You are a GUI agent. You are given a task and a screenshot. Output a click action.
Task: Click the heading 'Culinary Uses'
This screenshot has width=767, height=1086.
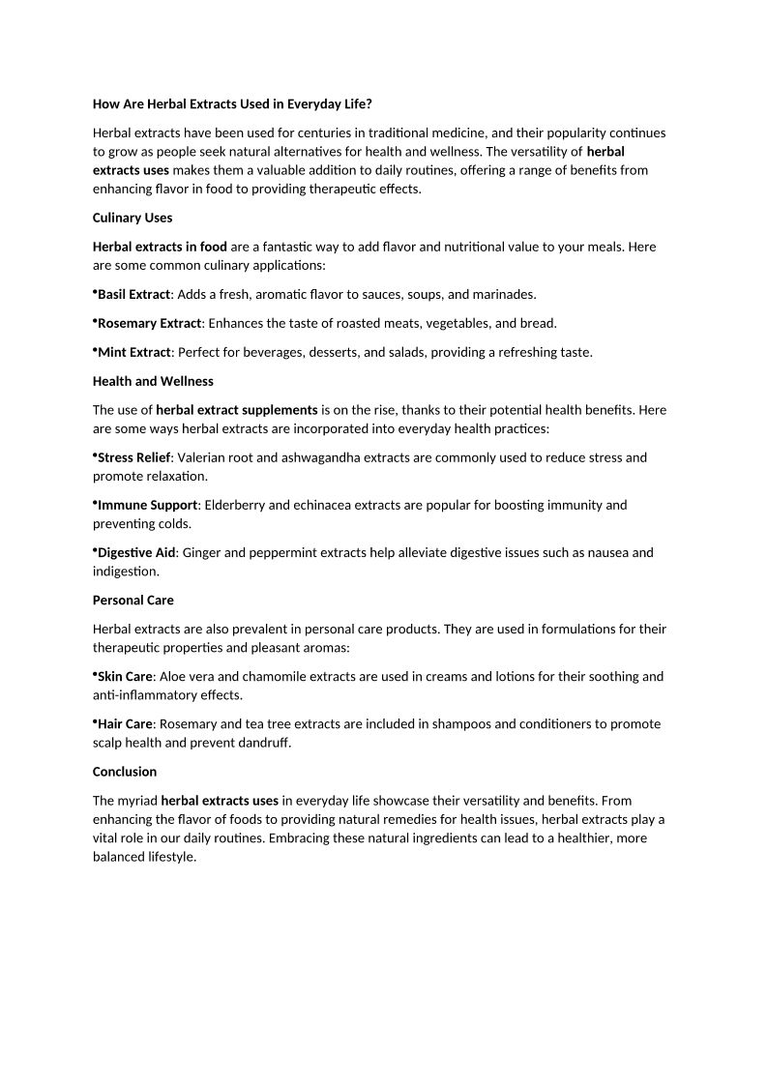coord(133,218)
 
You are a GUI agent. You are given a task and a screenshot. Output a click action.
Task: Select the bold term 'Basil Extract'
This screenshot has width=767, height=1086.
coord(134,294)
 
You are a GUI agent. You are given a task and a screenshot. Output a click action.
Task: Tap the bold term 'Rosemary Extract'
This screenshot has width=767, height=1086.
coord(149,323)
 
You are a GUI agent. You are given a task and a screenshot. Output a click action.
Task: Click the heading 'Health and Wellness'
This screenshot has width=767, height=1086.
coord(153,381)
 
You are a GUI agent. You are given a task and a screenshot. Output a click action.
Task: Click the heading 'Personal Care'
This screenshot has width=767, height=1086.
coord(133,601)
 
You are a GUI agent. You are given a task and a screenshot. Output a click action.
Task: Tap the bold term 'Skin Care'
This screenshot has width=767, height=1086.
coord(125,677)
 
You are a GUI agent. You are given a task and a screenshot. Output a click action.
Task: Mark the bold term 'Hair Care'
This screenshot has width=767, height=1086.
coord(126,724)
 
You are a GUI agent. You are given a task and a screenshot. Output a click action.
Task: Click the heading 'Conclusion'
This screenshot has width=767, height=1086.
coord(125,772)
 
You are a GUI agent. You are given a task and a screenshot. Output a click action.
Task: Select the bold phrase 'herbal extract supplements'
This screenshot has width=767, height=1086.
coord(237,410)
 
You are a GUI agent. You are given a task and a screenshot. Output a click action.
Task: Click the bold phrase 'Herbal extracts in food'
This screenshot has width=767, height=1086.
coord(160,247)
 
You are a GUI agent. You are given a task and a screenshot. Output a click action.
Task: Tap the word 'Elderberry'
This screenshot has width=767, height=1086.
coord(238,505)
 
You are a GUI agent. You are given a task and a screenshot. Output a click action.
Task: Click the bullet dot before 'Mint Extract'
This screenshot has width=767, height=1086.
coord(95,349)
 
